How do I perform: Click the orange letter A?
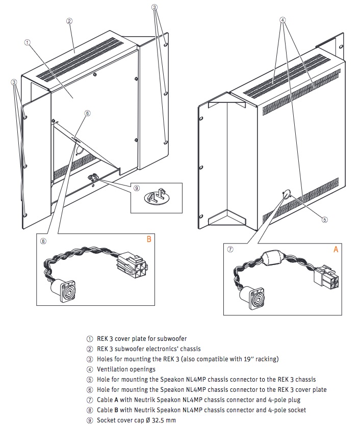pos(336,249)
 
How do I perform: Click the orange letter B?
pos(149,238)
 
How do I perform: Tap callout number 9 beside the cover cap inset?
pos(136,188)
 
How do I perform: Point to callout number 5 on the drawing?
pos(324,220)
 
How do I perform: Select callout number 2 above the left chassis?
pos(69,21)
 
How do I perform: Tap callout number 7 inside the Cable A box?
pos(230,250)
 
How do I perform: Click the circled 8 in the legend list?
pos(90,410)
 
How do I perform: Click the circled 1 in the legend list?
pos(90,338)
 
